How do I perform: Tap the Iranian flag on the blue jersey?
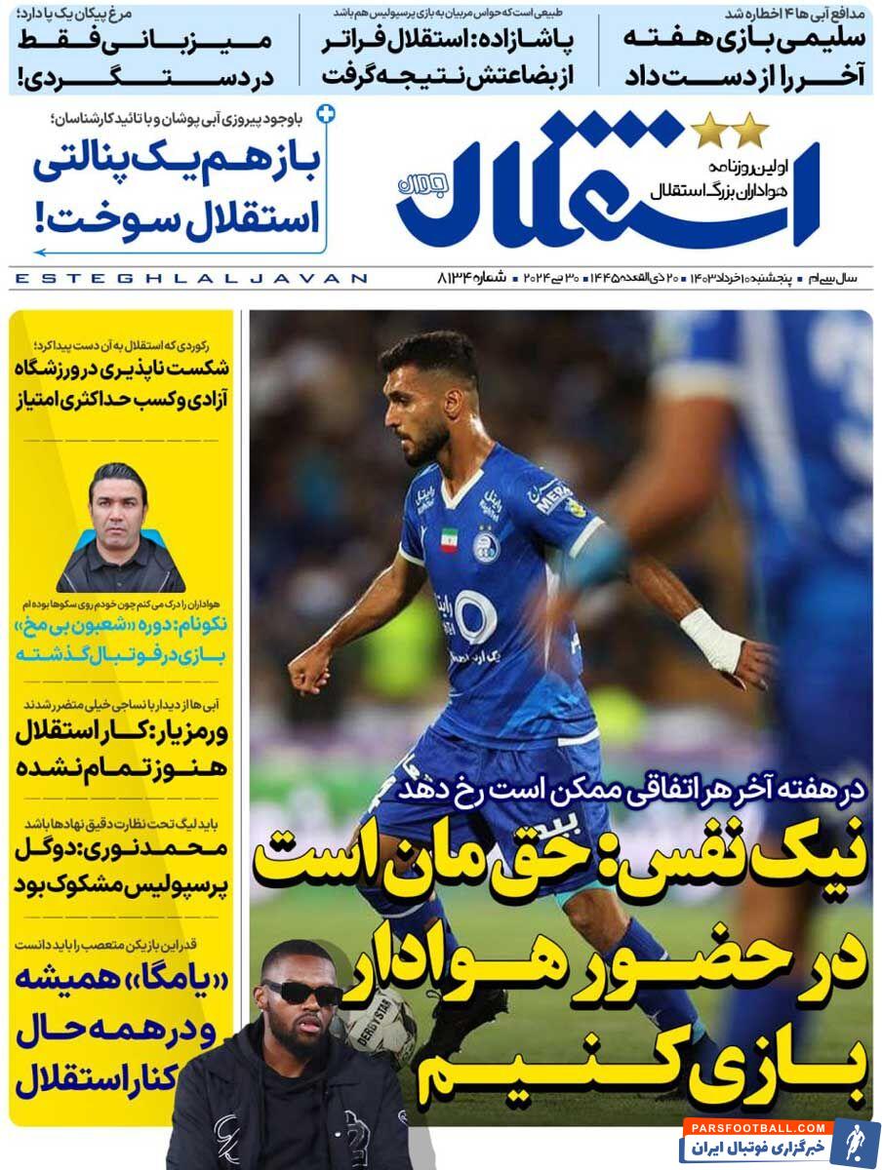[449, 540]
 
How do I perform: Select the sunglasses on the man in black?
[301, 993]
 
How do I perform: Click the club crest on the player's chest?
[485, 544]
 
